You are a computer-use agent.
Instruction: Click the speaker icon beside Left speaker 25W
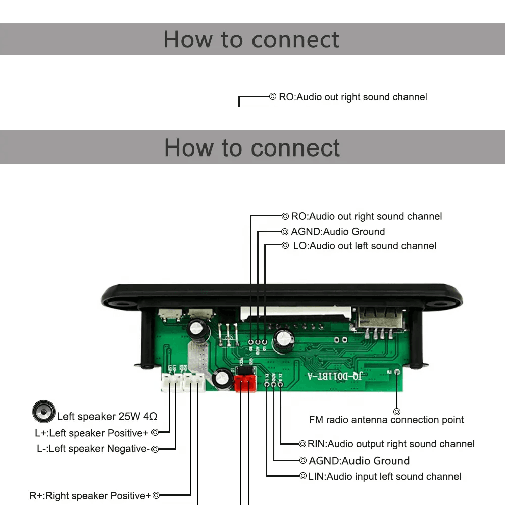[x=43, y=412]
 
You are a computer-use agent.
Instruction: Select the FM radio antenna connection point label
[x=386, y=420]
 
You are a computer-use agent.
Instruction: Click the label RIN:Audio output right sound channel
[x=391, y=444]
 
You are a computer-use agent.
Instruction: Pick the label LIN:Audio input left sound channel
[x=384, y=476]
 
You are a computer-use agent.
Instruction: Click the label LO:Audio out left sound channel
[x=365, y=246]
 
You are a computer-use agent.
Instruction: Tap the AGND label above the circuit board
[x=338, y=232]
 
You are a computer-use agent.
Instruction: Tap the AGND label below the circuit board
[x=359, y=461]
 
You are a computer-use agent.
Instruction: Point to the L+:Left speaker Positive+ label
[x=91, y=433]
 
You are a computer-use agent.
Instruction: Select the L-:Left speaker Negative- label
[x=93, y=449]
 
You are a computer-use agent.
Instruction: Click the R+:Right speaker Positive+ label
[x=90, y=496]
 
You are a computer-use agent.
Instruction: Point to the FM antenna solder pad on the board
[x=397, y=373]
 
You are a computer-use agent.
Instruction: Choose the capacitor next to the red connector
[x=222, y=379]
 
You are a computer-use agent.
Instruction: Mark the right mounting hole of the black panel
[x=441, y=304]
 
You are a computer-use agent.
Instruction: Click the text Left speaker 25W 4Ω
[x=107, y=417]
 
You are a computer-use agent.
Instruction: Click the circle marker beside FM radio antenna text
[x=397, y=412]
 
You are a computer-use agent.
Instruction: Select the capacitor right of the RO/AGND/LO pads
[x=282, y=341]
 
